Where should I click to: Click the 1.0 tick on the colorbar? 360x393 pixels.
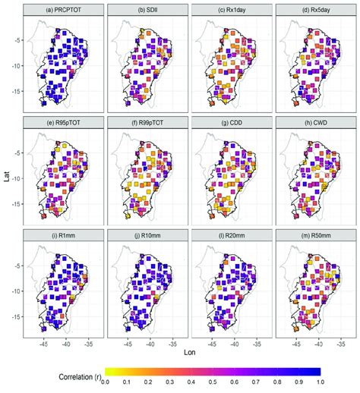(x=337, y=385)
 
